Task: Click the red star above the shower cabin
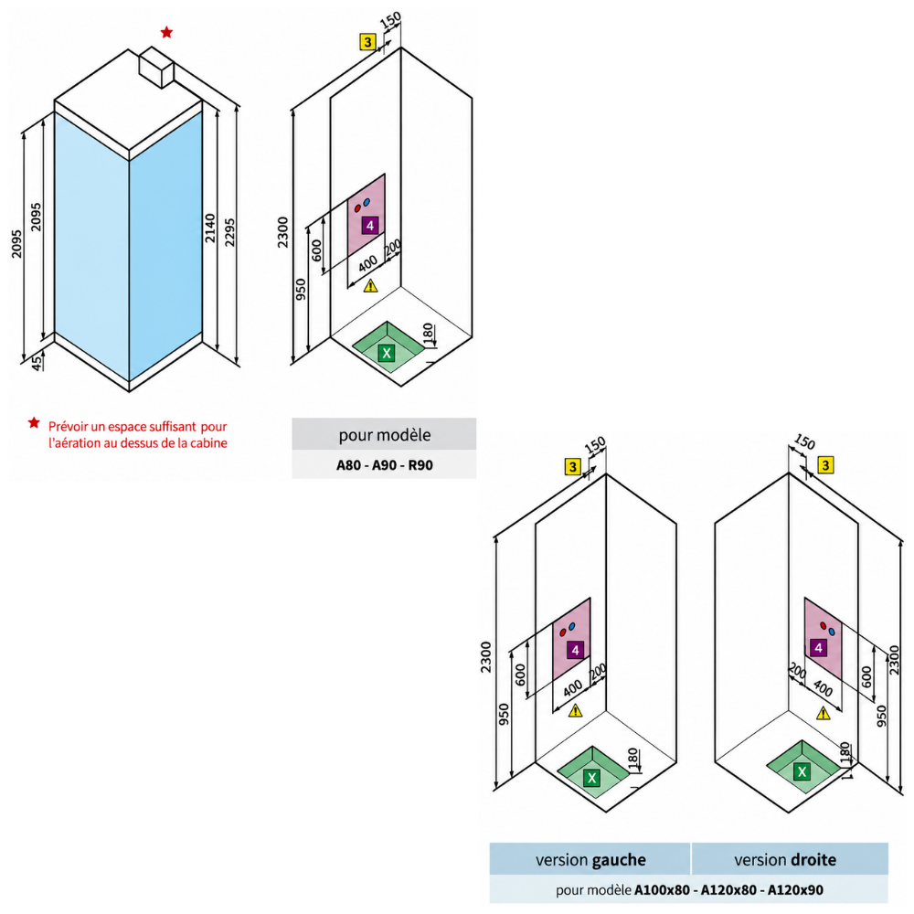pos(166,32)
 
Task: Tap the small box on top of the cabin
pos(156,68)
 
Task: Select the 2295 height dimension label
pos(229,232)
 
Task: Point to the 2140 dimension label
pos(210,228)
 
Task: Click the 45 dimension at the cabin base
pos(37,363)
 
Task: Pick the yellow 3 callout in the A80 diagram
pos(367,42)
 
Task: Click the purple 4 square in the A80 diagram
pos(369,225)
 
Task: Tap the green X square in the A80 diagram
pos(387,353)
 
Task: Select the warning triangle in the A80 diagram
pos(370,285)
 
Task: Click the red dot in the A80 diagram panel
pos(358,208)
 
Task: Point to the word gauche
pos(619,860)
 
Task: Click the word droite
pos(815,860)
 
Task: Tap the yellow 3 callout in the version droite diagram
pos(825,465)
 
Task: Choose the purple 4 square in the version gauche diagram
pos(575,650)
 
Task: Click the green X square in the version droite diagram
pos(802,771)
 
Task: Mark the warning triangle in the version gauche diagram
pos(575,710)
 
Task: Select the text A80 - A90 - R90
pos(385,465)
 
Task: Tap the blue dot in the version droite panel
pos(832,632)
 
